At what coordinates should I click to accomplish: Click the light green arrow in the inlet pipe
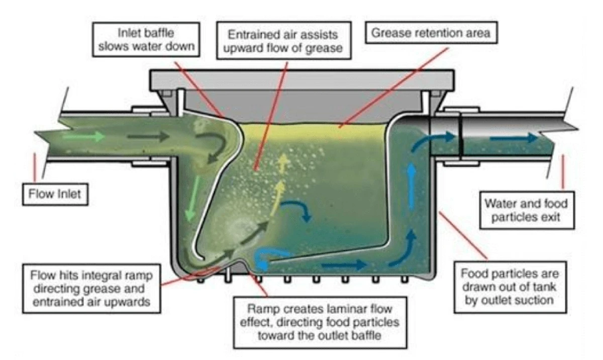pos(90,136)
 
